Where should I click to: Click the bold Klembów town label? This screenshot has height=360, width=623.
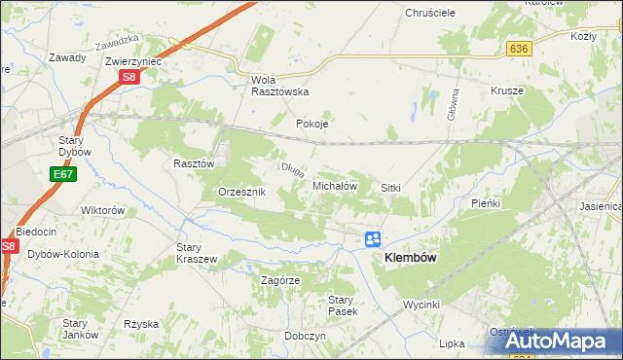pyautogui.click(x=411, y=258)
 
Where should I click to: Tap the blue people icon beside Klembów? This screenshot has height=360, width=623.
pyautogui.click(x=374, y=238)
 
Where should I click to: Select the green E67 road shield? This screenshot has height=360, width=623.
pyautogui.click(x=62, y=174)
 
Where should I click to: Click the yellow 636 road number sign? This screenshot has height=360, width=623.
pyautogui.click(x=518, y=48)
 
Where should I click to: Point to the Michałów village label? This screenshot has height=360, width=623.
pyautogui.click(x=336, y=185)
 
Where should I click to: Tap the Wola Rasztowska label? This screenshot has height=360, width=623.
pyautogui.click(x=279, y=86)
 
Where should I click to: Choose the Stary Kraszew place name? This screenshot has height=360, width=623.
pyautogui.click(x=196, y=253)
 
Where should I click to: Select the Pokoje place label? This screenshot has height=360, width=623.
pyautogui.click(x=312, y=125)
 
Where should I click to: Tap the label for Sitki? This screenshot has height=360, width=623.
pyautogui.click(x=391, y=187)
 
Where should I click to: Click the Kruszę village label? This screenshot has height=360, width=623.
pyautogui.click(x=507, y=90)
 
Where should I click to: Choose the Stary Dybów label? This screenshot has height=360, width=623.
pyautogui.click(x=74, y=146)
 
